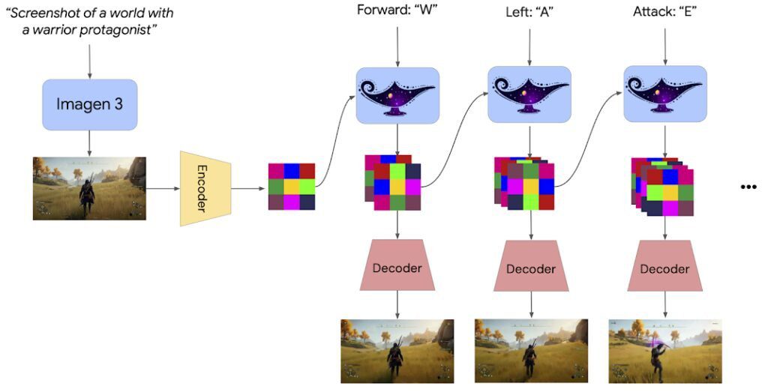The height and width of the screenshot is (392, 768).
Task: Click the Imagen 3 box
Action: pos(89,105)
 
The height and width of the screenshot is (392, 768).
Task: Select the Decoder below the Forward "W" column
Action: pos(397,267)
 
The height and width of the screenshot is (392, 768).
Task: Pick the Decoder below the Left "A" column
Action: pos(530,268)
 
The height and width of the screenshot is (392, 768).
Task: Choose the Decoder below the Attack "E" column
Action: pos(664,268)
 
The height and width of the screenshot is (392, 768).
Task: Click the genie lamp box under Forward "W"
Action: pos(397,95)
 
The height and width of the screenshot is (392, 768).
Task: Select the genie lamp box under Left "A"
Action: pos(529,95)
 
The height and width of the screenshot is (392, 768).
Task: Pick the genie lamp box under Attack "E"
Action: pos(665,95)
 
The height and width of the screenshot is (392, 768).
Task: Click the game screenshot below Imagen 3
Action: pos(89,188)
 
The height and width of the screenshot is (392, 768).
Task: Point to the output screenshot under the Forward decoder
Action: pos(397,351)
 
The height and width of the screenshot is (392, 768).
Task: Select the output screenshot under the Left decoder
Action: pos(531,351)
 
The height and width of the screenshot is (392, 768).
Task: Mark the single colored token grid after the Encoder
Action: pos(292,187)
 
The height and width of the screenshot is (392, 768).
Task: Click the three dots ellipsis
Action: pos(748,187)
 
